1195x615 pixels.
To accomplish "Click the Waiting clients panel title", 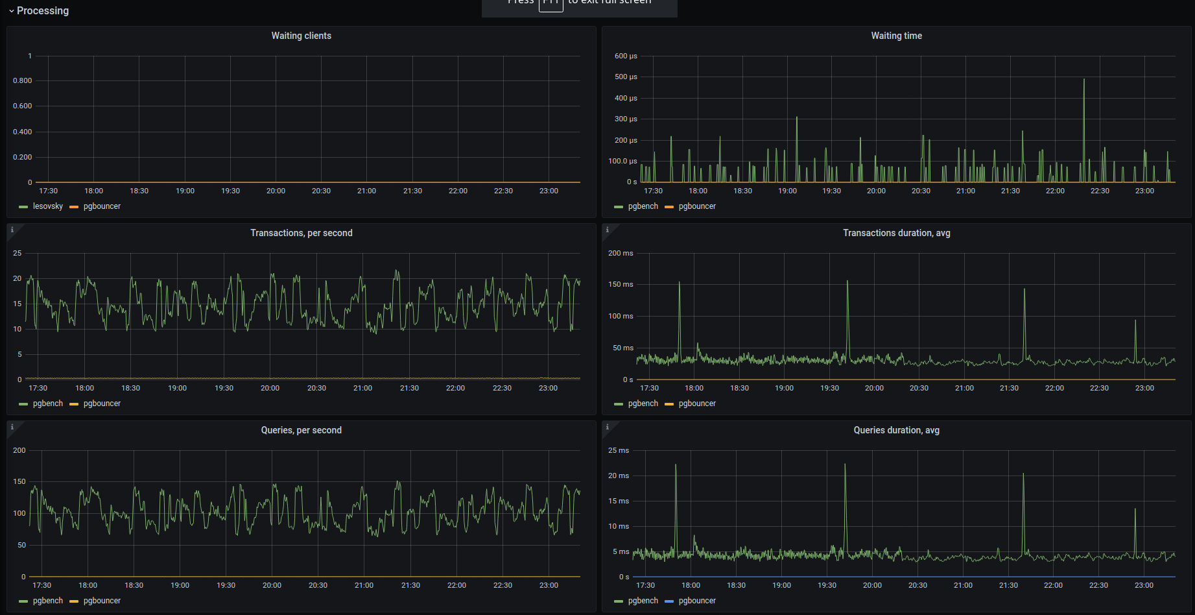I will tap(301, 36).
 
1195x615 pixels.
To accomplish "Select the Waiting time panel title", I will tap(896, 36).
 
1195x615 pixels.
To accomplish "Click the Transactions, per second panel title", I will tap(301, 233).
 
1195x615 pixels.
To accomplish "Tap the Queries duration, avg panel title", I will tap(896, 430).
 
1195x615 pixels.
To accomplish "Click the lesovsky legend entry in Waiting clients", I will tap(47, 206).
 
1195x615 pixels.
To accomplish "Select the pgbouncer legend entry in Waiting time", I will tap(697, 206).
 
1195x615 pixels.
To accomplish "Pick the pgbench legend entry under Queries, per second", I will tap(47, 601).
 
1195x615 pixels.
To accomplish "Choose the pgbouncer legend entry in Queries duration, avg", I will tap(697, 601).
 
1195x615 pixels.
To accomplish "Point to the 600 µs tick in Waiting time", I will tap(626, 56).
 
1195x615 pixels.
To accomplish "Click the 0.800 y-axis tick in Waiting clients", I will tap(23, 80).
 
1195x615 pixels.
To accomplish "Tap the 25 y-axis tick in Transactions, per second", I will tap(18, 253).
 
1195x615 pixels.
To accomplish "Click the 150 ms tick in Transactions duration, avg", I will tap(621, 284).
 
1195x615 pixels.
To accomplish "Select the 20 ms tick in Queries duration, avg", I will tap(619, 476).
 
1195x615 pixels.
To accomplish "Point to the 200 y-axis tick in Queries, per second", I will tap(19, 450).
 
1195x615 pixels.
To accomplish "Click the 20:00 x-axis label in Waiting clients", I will tap(276, 191).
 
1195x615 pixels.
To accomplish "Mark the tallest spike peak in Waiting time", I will tap(1083, 80).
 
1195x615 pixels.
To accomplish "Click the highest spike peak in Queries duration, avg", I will tap(676, 465).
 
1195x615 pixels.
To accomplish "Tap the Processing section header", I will tap(42, 10).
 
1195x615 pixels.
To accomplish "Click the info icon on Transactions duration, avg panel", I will tap(608, 230).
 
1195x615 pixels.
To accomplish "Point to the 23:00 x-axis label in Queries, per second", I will tap(549, 585).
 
